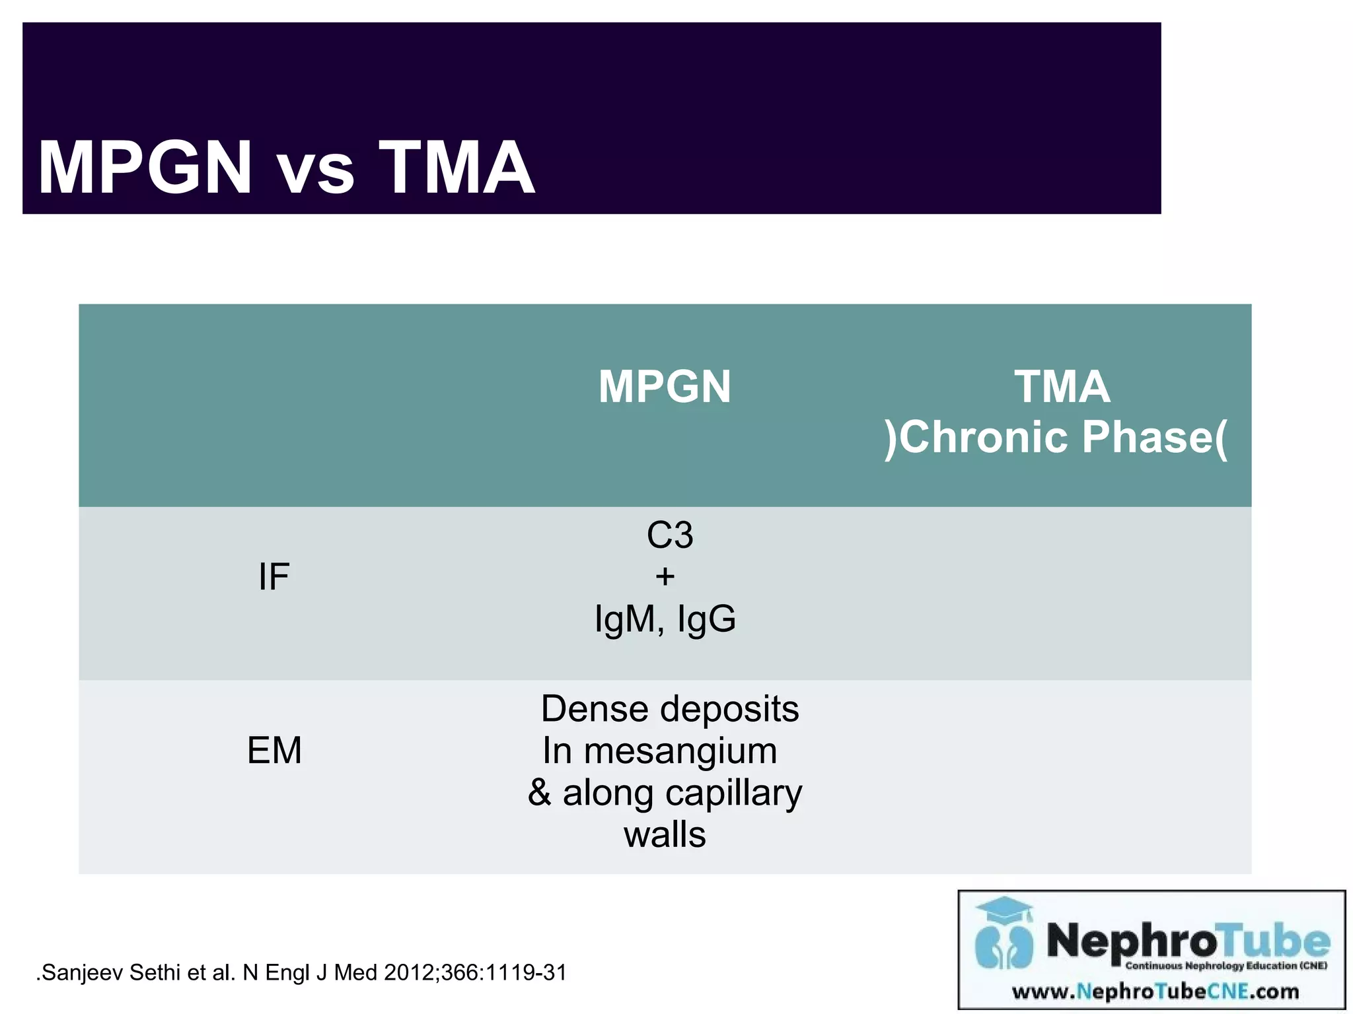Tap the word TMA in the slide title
[457, 168]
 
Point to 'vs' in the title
[315, 173]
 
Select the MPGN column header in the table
[664, 387]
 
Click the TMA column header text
[1062, 387]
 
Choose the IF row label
[274, 577]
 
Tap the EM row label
[274, 751]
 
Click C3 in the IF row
[670, 535]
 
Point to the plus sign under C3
[665, 577]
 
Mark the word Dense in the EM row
[595, 710]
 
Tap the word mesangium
[680, 751]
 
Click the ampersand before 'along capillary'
[540, 793]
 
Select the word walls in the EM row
[665, 835]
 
